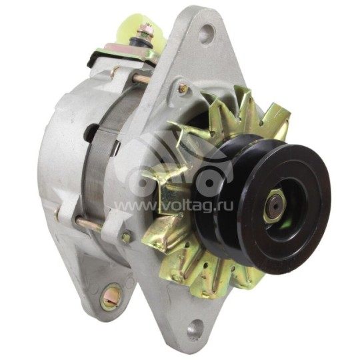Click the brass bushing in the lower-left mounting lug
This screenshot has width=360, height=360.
point(111,296)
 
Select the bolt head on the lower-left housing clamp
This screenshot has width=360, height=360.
point(126,236)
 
